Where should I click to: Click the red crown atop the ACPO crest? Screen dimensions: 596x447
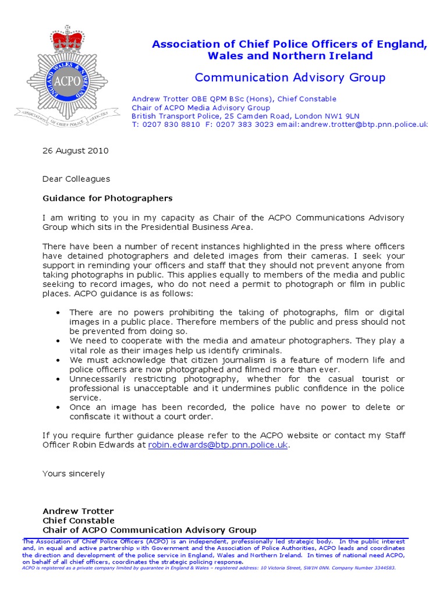[x=68, y=40]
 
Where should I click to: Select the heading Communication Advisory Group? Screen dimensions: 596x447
[x=290, y=77]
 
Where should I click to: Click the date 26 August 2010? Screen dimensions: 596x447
[x=75, y=151]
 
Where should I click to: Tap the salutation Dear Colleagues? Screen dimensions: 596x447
[x=76, y=179]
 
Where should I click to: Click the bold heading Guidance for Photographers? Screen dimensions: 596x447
[x=108, y=198]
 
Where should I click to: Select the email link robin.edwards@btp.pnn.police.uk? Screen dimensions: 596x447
[x=218, y=445]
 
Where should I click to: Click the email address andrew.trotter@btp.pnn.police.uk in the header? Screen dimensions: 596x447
[x=372, y=125]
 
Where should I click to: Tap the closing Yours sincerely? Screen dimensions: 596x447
[x=74, y=474]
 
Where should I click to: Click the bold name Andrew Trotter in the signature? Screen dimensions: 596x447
[x=78, y=512]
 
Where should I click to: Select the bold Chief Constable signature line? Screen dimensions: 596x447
[x=79, y=521]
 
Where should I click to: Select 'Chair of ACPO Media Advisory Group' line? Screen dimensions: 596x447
[x=201, y=108]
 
